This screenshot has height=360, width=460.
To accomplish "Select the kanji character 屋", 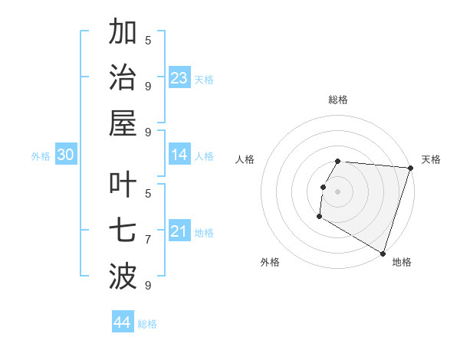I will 123,123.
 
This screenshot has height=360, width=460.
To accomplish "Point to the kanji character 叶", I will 123,184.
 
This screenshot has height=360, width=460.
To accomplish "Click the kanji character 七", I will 123,229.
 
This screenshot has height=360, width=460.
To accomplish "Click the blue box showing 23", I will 179,77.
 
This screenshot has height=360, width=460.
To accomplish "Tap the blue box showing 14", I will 179,155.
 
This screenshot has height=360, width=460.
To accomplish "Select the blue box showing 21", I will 179,231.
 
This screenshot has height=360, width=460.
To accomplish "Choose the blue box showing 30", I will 65,155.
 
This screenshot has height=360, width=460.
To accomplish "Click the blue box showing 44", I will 123,322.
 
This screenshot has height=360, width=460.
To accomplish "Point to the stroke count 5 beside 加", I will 148,40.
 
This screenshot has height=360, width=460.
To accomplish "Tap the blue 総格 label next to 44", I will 147,324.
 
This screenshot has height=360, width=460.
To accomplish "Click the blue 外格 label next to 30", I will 41,156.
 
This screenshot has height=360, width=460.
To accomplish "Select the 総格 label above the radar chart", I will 338,100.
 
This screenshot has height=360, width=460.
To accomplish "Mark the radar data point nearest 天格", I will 411,169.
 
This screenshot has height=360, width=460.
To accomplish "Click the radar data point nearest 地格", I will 383,253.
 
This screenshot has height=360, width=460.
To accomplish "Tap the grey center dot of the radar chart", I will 338,191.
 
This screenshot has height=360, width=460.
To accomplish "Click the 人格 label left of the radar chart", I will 245,159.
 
